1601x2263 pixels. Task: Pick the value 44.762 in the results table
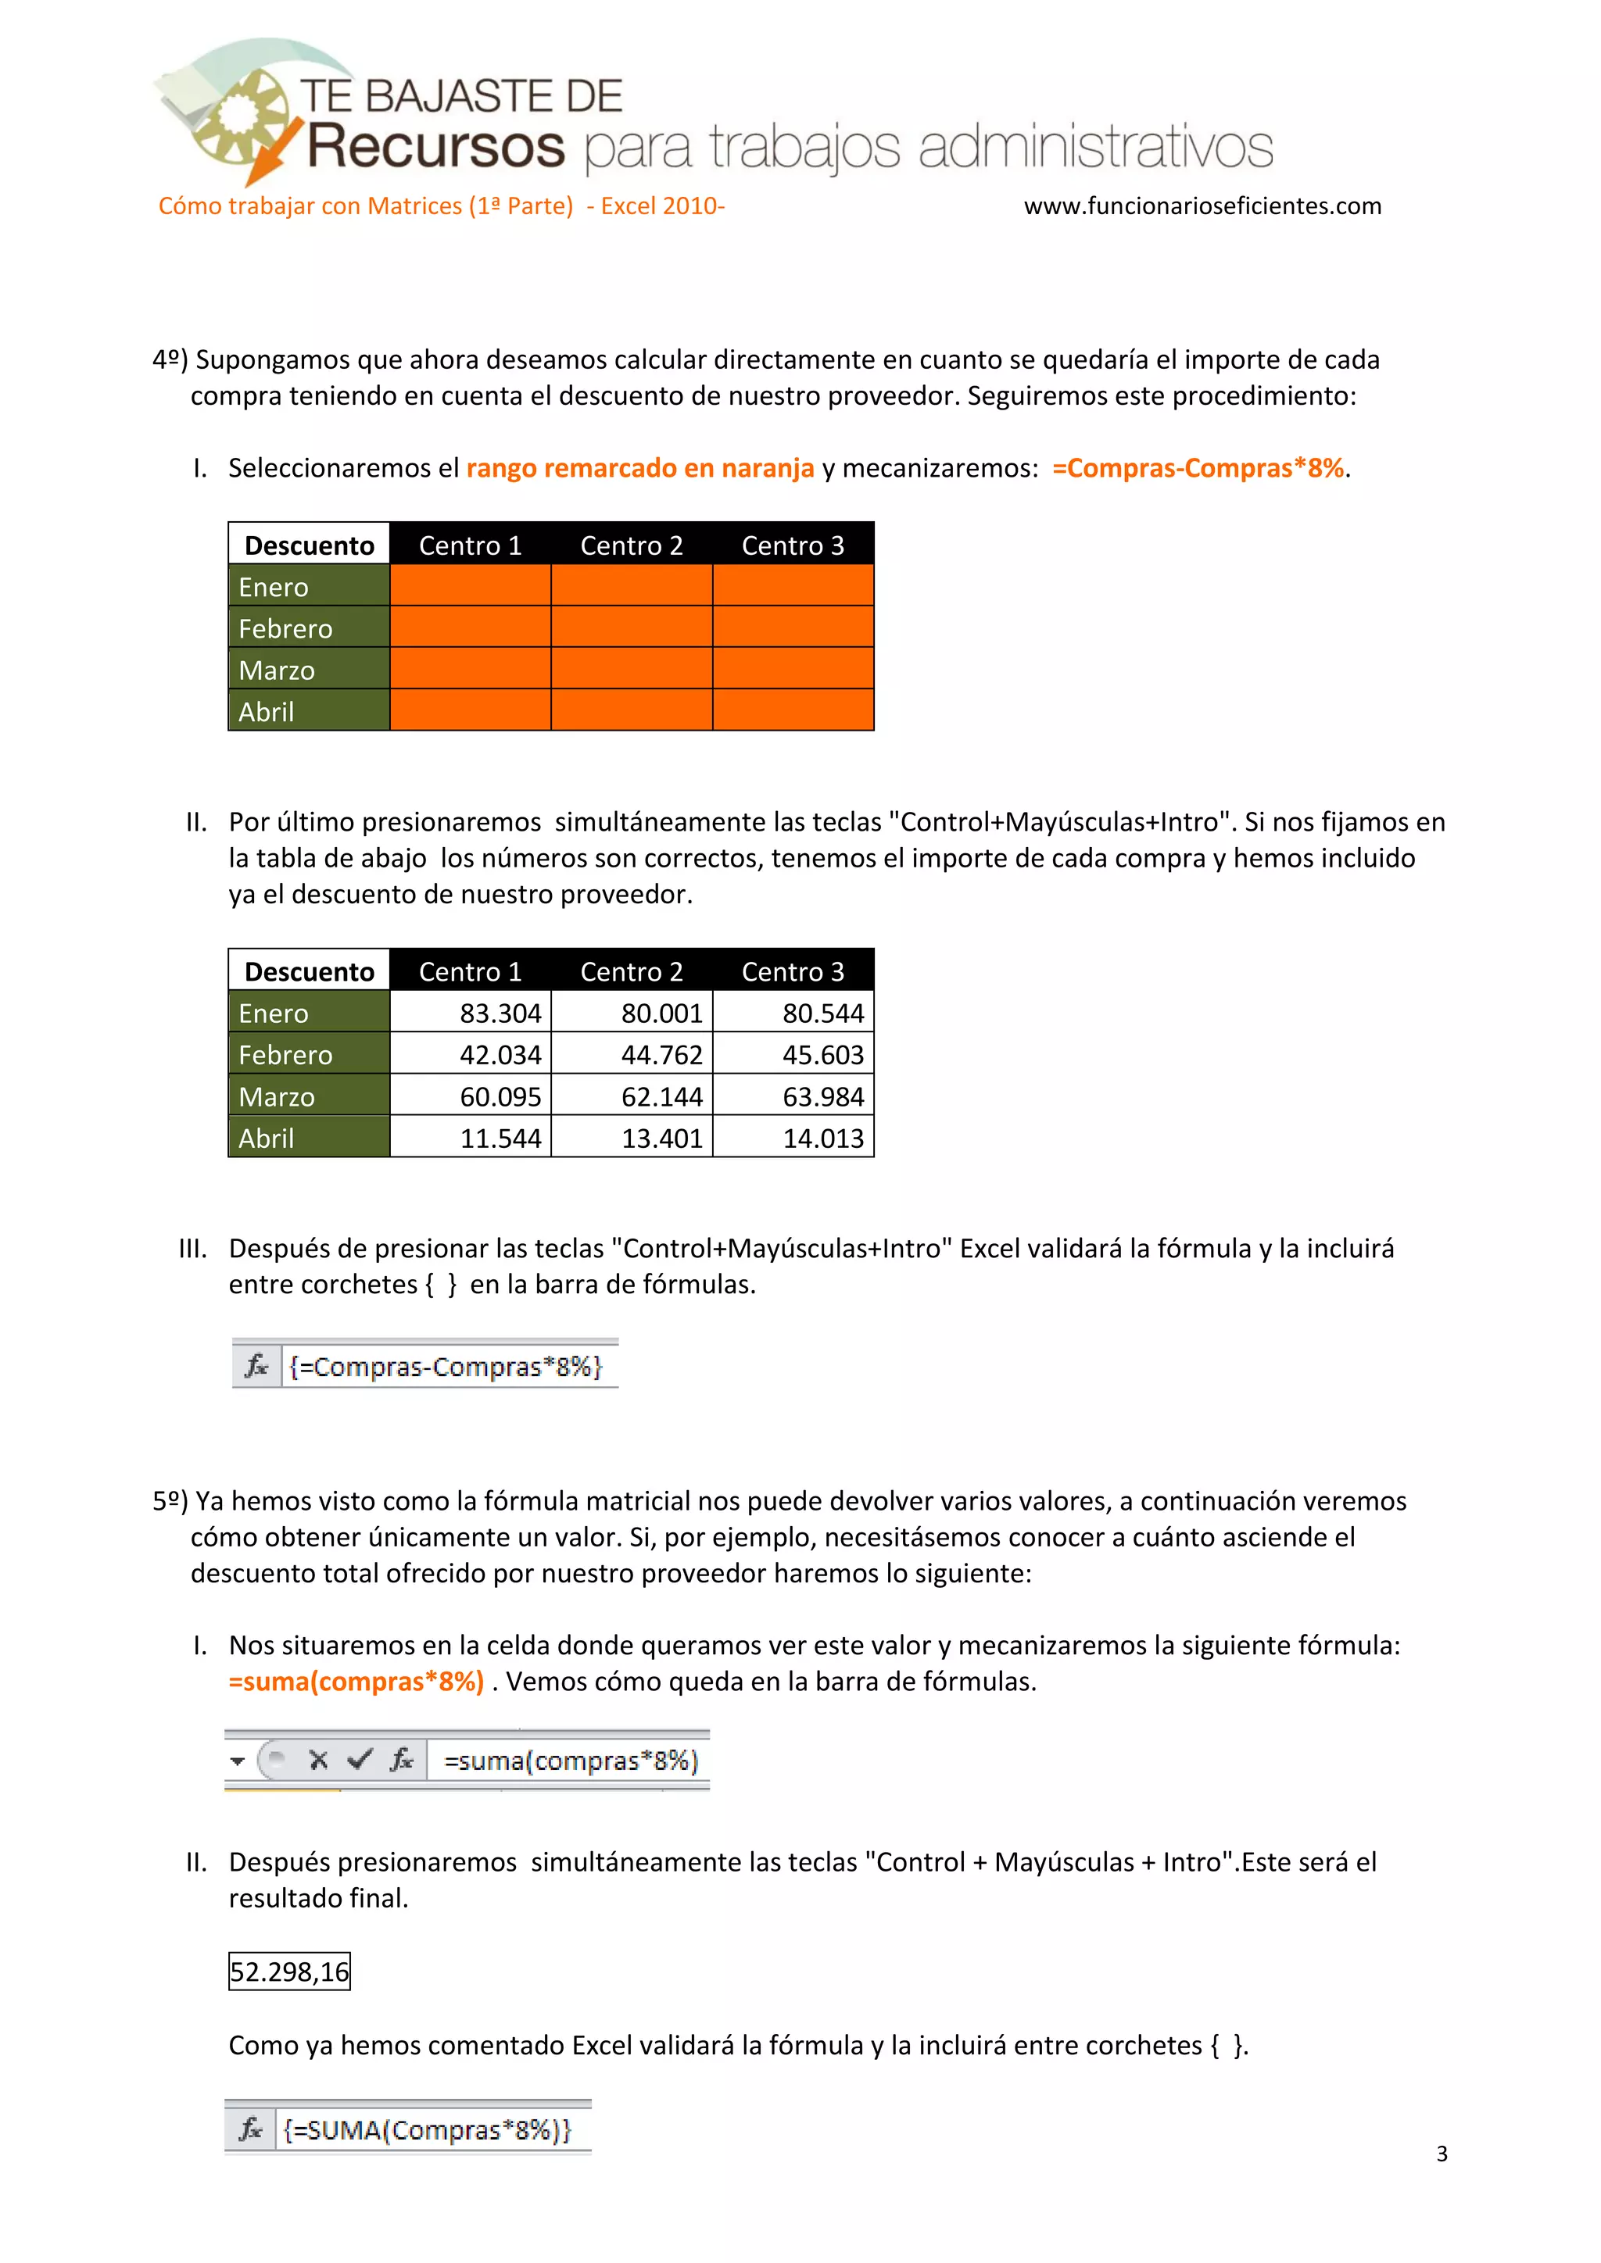click(632, 1055)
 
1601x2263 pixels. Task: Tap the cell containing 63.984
click(793, 1096)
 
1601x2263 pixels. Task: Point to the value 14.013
click(793, 1138)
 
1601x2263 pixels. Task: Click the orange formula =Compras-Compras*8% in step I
click(1198, 468)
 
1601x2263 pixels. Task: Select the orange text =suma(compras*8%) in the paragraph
click(357, 1682)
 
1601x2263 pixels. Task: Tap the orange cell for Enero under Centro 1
click(471, 585)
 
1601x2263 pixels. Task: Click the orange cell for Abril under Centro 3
click(793, 710)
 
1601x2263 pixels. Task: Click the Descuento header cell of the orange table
click(309, 545)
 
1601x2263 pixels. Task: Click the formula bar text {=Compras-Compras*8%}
click(446, 1366)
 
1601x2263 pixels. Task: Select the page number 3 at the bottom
click(1442, 2154)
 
